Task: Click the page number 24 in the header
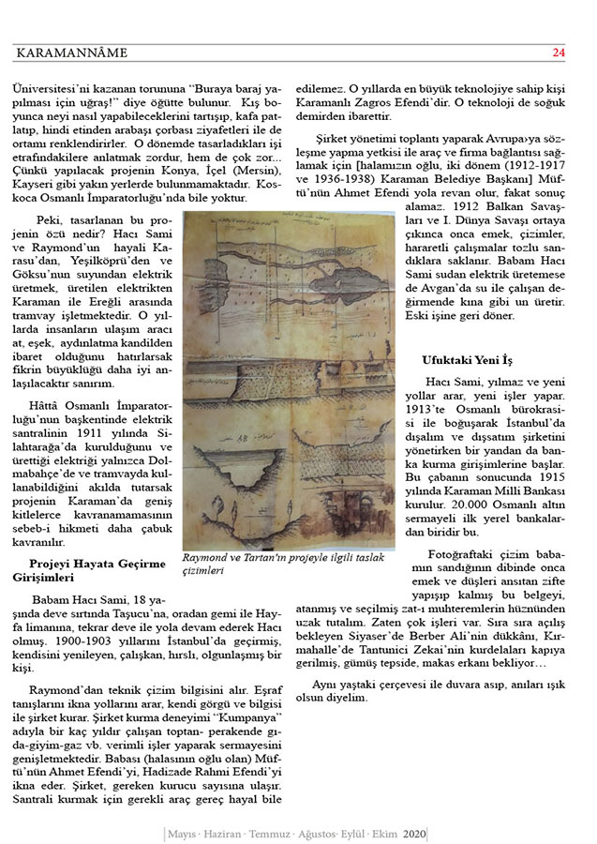[x=559, y=53]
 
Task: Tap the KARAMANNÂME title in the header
[x=70, y=53]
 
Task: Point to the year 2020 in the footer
[x=415, y=833]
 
